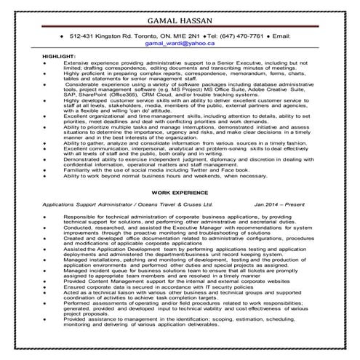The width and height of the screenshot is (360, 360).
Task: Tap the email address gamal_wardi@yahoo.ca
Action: [x=180, y=43]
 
